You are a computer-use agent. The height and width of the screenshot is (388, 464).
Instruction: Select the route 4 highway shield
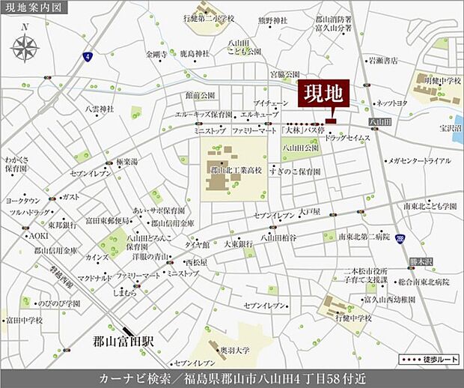[x=88, y=56]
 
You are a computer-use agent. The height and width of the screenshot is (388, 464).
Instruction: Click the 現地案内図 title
[x=34, y=7]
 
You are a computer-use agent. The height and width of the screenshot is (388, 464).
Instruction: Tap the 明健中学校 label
[x=442, y=79]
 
